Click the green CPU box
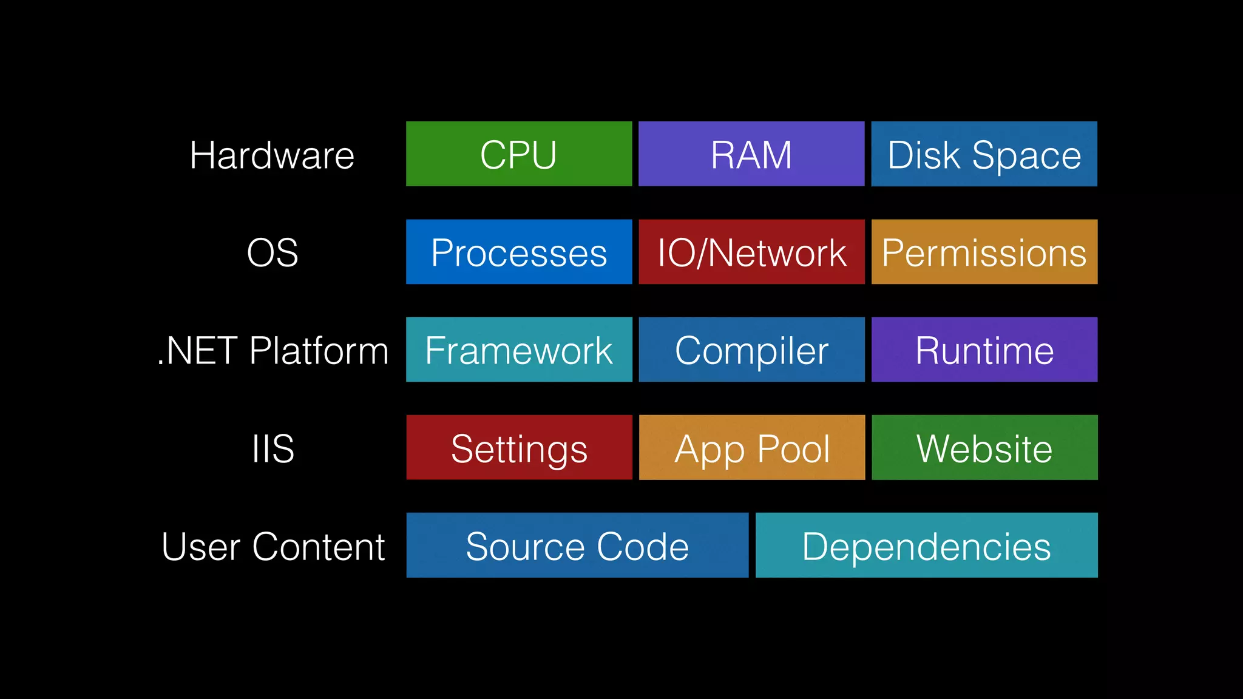pos(519,154)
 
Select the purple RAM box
pos(751,154)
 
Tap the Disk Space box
pos(984,154)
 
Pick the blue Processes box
pos(519,252)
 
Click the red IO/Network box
pos(751,252)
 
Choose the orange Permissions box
pos(984,252)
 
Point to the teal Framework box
pos(519,349)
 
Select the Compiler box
pos(751,349)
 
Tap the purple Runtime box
pos(984,349)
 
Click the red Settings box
pos(519,447)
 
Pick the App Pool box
pos(751,447)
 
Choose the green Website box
pos(984,447)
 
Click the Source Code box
pos(577,545)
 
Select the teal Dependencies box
pos(926,545)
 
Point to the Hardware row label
pos(272,155)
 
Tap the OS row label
pos(272,252)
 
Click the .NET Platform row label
pos(273,351)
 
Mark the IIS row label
pos(273,448)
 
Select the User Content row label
pos(273,546)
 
